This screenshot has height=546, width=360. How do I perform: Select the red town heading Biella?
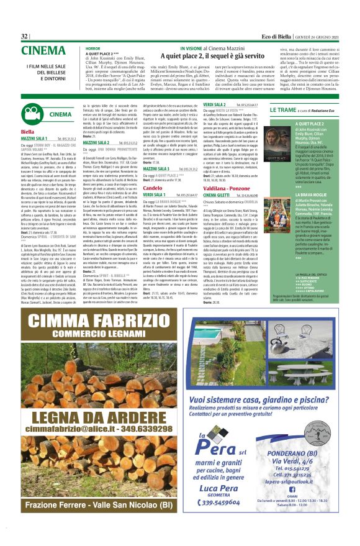click(x=27, y=132)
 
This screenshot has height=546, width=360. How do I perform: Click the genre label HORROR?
click(x=94, y=48)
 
